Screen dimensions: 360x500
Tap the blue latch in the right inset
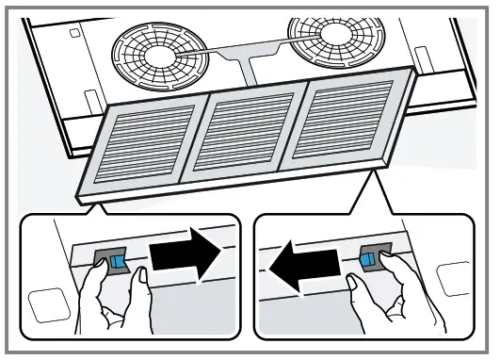pyautogui.click(x=369, y=257)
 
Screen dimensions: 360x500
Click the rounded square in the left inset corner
pyautogui.click(x=44, y=306)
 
